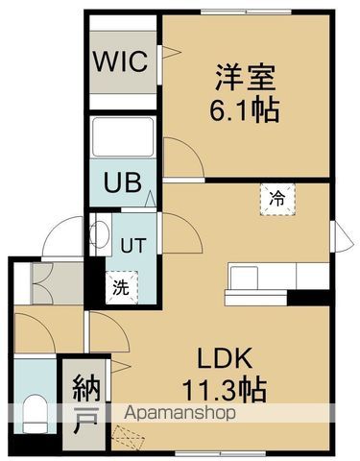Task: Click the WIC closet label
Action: [120, 63]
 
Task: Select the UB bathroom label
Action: [118, 182]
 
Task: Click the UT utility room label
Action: [132, 245]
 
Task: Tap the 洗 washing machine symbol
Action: [121, 286]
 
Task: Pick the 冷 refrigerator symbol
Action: [277, 200]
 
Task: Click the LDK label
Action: [225, 360]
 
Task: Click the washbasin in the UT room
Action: [99, 235]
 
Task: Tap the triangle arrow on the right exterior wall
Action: [337, 233]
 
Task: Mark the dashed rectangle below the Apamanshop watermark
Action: [132, 437]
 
